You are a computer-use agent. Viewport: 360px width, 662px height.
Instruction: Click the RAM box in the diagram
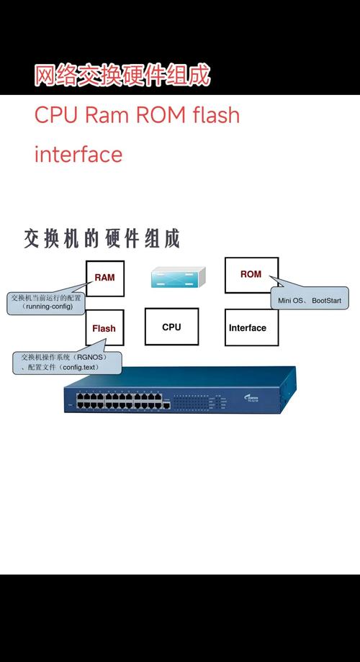point(104,277)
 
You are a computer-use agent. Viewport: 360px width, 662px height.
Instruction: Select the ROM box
point(251,275)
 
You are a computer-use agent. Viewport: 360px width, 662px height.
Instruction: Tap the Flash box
point(104,328)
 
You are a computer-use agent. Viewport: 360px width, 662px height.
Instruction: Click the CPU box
point(171,327)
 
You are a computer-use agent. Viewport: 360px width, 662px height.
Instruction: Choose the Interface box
point(248,328)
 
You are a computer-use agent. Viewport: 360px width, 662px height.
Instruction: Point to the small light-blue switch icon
point(177,277)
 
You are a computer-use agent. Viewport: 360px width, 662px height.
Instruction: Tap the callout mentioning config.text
point(66,362)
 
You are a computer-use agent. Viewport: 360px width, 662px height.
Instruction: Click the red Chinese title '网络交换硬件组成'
point(122,76)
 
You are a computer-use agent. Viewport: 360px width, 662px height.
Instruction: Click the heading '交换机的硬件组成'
point(102,238)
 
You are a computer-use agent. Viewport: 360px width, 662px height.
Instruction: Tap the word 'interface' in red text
point(78,154)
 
